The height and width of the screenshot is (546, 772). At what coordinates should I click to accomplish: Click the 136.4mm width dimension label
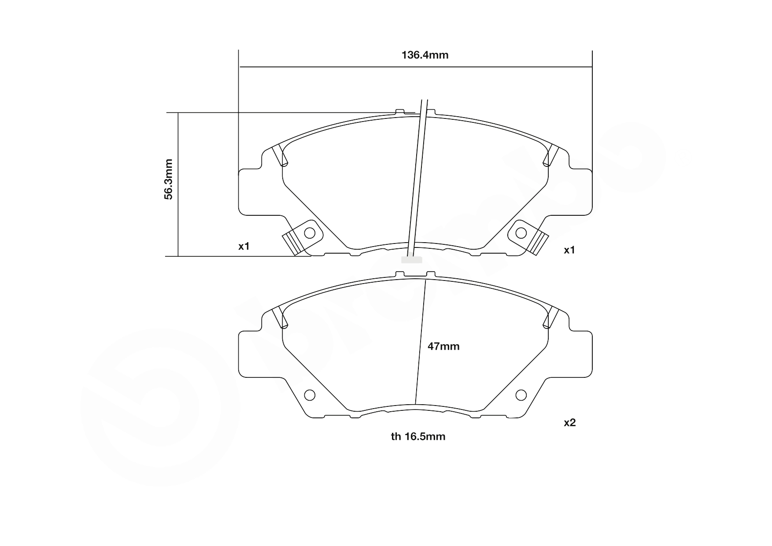pos(425,55)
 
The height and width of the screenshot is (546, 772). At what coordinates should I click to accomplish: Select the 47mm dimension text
pos(443,347)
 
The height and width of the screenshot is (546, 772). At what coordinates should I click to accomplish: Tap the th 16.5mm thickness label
pos(418,436)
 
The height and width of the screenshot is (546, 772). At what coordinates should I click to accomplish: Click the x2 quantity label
pos(569,423)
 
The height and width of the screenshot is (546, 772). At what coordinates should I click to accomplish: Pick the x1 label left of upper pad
pos(244,246)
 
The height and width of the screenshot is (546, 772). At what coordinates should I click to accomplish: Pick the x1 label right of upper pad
pos(569,250)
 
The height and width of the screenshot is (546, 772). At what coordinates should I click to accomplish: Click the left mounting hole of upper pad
pos(310,232)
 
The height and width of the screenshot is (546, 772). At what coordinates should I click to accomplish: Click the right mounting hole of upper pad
pos(521,232)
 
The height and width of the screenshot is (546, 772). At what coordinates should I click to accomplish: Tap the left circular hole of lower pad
pos(310,395)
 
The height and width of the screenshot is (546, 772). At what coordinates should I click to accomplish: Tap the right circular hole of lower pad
pos(521,395)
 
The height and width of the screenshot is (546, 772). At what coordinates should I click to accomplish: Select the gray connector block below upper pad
pos(411,260)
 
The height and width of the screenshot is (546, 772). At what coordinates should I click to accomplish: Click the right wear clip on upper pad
pos(539,243)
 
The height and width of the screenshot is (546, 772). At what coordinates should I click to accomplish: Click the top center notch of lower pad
pos(415,275)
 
